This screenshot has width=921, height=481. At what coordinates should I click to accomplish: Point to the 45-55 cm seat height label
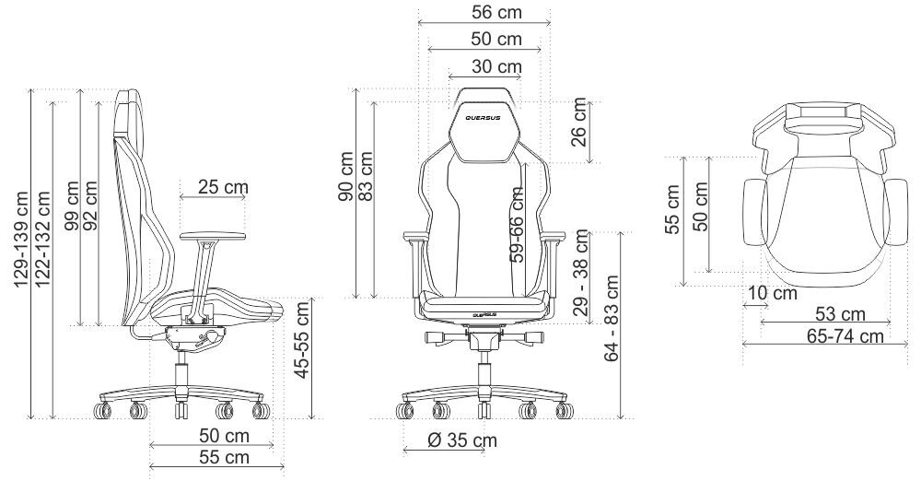pos(302,340)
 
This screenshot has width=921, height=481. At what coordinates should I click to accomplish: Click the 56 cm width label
pos(497,12)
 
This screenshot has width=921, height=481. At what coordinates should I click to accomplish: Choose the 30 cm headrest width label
pos(497,66)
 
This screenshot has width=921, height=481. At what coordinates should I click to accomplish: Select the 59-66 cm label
pos(517,225)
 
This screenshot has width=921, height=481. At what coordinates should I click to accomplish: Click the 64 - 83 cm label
pos(612,318)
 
